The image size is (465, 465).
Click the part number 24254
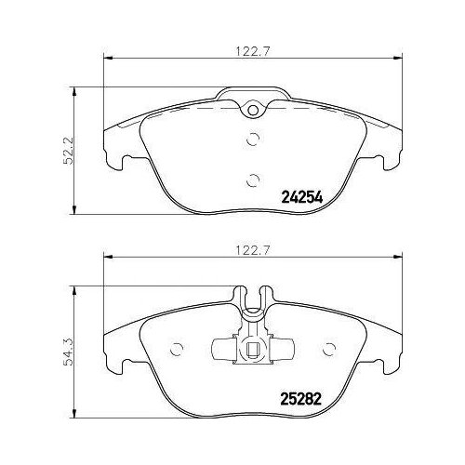click(302, 197)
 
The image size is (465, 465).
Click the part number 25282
click(300, 399)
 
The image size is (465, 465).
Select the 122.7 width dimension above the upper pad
click(253, 51)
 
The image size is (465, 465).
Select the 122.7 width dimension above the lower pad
click(253, 250)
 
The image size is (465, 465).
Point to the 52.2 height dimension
click(68, 151)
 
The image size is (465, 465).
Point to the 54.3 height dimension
click(68, 352)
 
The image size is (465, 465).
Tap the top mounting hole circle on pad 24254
click(253, 110)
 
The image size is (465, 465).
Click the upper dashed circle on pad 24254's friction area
click(253, 139)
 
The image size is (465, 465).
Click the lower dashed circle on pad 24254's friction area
click(253, 180)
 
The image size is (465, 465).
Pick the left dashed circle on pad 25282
click(177, 350)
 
